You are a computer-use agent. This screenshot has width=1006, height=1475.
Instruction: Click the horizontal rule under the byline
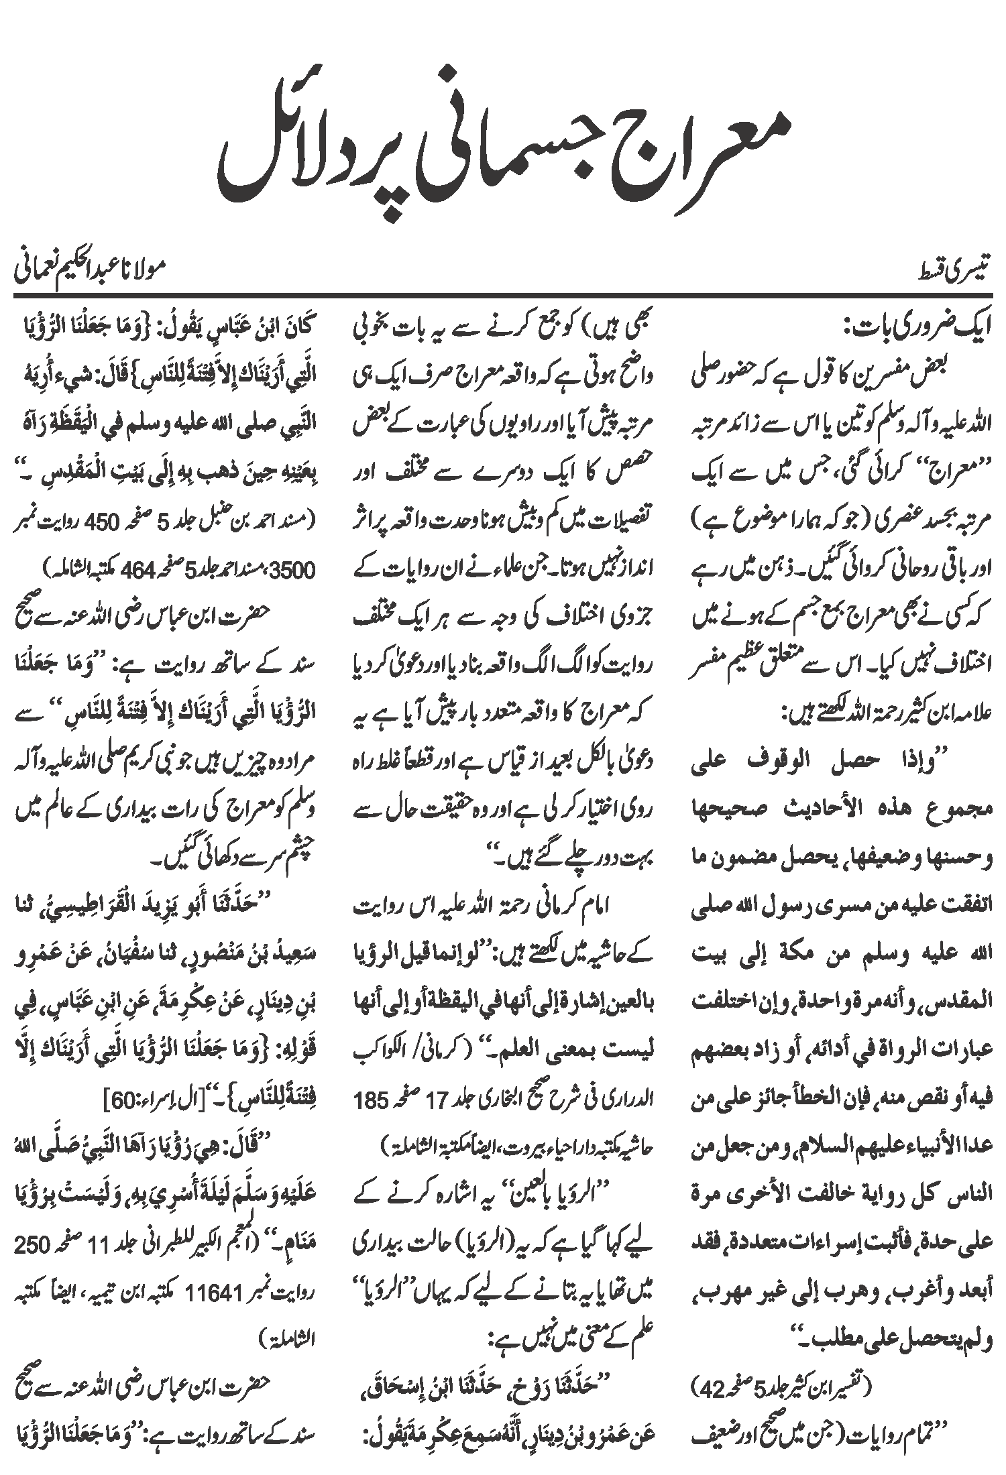pyautogui.click(x=503, y=295)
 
